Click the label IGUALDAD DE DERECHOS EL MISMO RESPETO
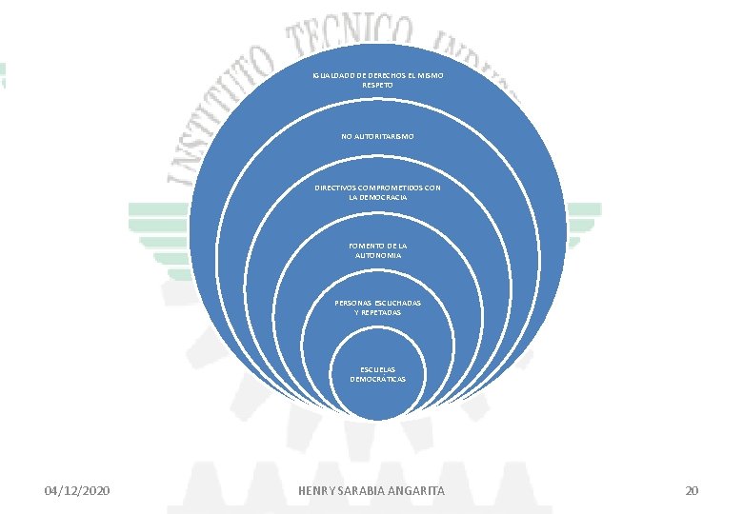[x=377, y=80]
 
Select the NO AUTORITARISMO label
[x=377, y=137]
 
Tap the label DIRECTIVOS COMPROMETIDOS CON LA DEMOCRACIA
[x=377, y=192]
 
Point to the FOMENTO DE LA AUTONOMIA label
[x=377, y=250]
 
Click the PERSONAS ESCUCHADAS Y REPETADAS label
[x=377, y=306]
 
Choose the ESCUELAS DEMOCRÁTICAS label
[x=377, y=373]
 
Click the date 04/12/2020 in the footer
[x=77, y=490]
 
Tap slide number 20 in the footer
[x=692, y=490]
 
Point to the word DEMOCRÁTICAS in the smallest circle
[x=377, y=379]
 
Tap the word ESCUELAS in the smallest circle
[x=377, y=368]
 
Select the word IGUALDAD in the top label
[x=330, y=75]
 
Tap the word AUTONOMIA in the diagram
[x=377, y=256]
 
